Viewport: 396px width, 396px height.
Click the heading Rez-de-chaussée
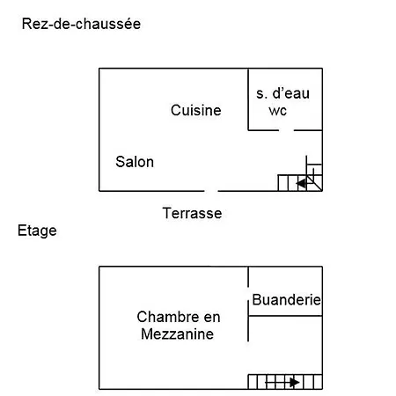tap(81, 24)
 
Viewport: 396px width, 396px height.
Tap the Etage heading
tap(37, 231)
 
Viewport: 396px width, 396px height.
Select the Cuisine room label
tap(196, 110)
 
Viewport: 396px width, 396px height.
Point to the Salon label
tap(135, 162)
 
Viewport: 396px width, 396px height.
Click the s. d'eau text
tap(282, 93)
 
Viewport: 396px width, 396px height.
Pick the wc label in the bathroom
tap(277, 111)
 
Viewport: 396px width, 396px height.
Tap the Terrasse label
tap(192, 213)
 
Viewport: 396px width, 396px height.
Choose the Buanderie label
tap(287, 300)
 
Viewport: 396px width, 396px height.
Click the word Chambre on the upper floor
tap(168, 317)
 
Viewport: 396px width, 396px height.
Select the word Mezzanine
tap(177, 334)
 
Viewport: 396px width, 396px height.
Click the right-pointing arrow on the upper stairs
tap(282, 383)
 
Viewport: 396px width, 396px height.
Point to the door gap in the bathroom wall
tap(286, 130)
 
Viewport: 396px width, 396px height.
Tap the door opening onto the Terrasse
tap(211, 191)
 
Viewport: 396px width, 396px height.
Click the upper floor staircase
tap(285, 382)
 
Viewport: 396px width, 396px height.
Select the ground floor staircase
tap(300, 180)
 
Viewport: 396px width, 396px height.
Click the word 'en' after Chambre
tap(212, 318)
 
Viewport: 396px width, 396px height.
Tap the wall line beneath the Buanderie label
tap(285, 316)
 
